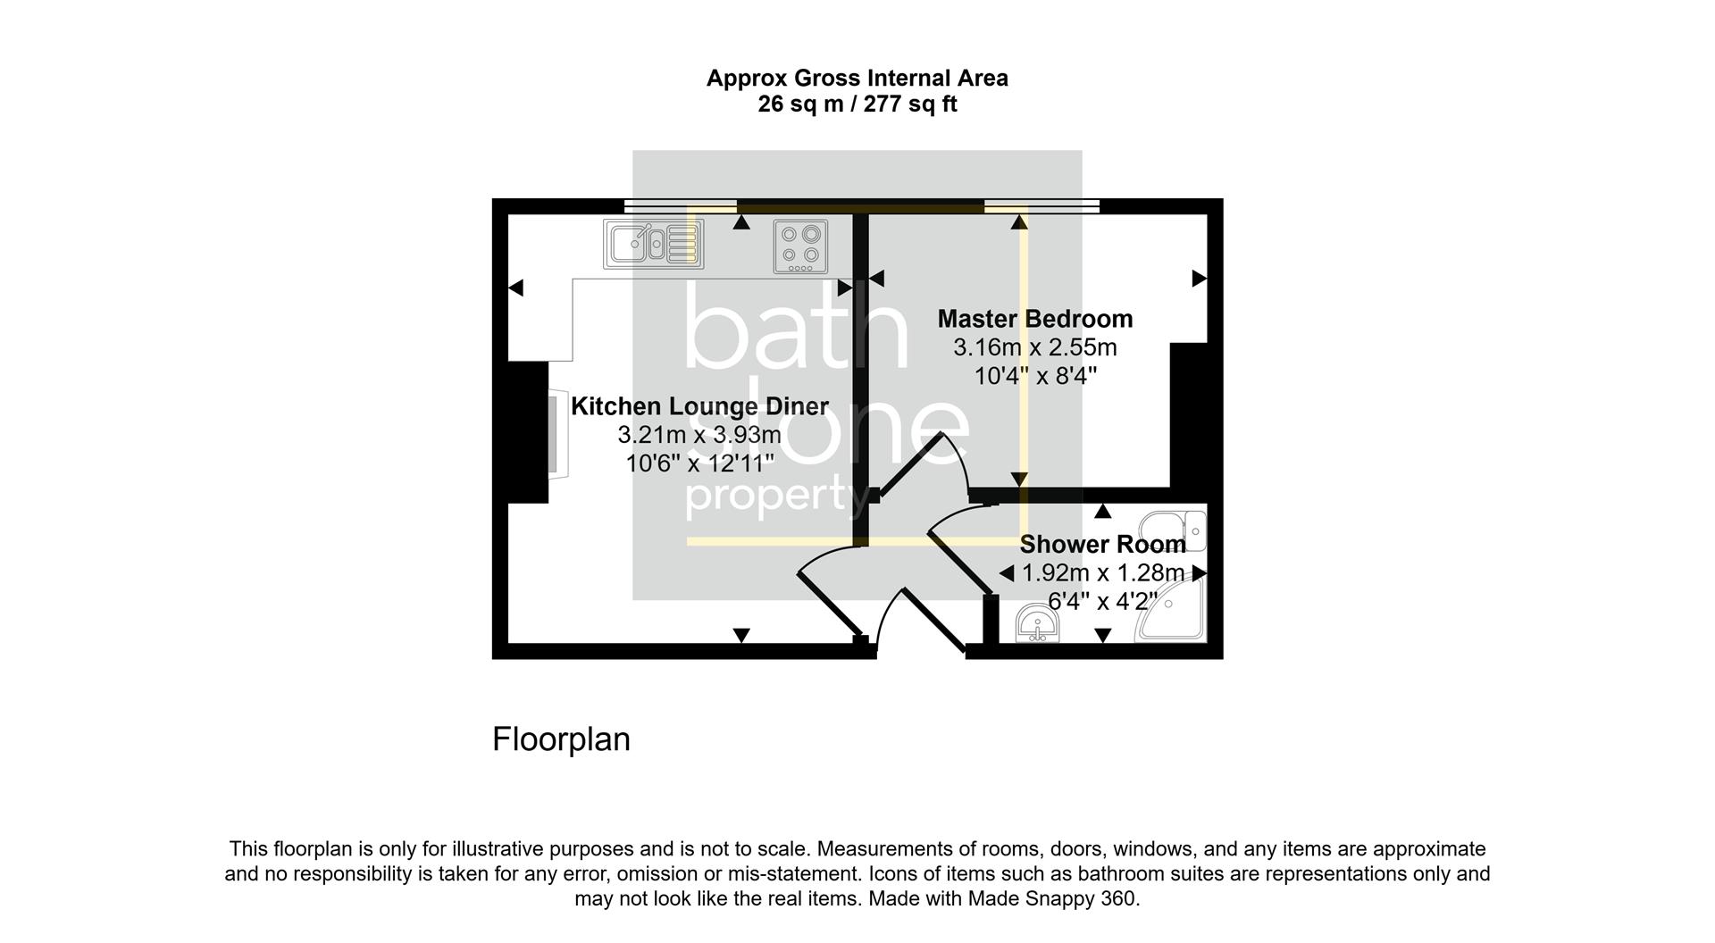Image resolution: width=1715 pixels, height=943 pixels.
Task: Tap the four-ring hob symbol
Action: tap(800, 246)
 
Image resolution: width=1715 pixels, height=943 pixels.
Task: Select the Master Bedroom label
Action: tap(1034, 319)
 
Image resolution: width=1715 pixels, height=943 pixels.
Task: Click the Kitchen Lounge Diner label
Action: tap(699, 406)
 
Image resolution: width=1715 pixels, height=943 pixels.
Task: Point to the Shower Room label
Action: tap(1102, 544)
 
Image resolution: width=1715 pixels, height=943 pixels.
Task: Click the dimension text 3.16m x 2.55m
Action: tap(1034, 347)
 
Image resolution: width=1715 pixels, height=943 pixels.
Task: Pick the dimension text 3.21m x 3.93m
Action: tap(699, 435)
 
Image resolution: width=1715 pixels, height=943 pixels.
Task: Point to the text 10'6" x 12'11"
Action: tap(699, 463)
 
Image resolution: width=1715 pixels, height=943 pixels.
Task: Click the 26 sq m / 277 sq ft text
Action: tap(857, 104)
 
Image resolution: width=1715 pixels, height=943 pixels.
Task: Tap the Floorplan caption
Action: tap(561, 739)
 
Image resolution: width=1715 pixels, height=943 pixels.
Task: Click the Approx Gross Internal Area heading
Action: tap(857, 79)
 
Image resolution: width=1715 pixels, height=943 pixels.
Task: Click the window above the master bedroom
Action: tap(1042, 206)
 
